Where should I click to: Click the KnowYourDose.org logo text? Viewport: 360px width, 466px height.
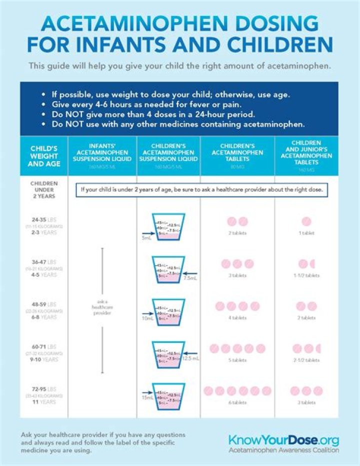pyautogui.click(x=283, y=440)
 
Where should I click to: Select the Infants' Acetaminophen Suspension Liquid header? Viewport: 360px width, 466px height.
pyautogui.click(x=102, y=153)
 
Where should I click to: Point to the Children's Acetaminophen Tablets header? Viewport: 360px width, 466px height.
pyautogui.click(x=237, y=153)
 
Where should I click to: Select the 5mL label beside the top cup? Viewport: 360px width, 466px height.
pyautogui.click(x=145, y=238)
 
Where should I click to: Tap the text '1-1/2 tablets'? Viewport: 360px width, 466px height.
pyautogui.click(x=306, y=276)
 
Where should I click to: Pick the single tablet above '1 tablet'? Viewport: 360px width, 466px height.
pyautogui.click(x=306, y=221)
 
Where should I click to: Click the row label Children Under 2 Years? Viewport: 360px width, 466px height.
pyautogui.click(x=44, y=190)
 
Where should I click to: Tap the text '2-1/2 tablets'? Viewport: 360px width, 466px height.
pyautogui.click(x=306, y=360)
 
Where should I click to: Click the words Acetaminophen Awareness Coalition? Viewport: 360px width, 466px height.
pyautogui.click(x=283, y=450)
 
